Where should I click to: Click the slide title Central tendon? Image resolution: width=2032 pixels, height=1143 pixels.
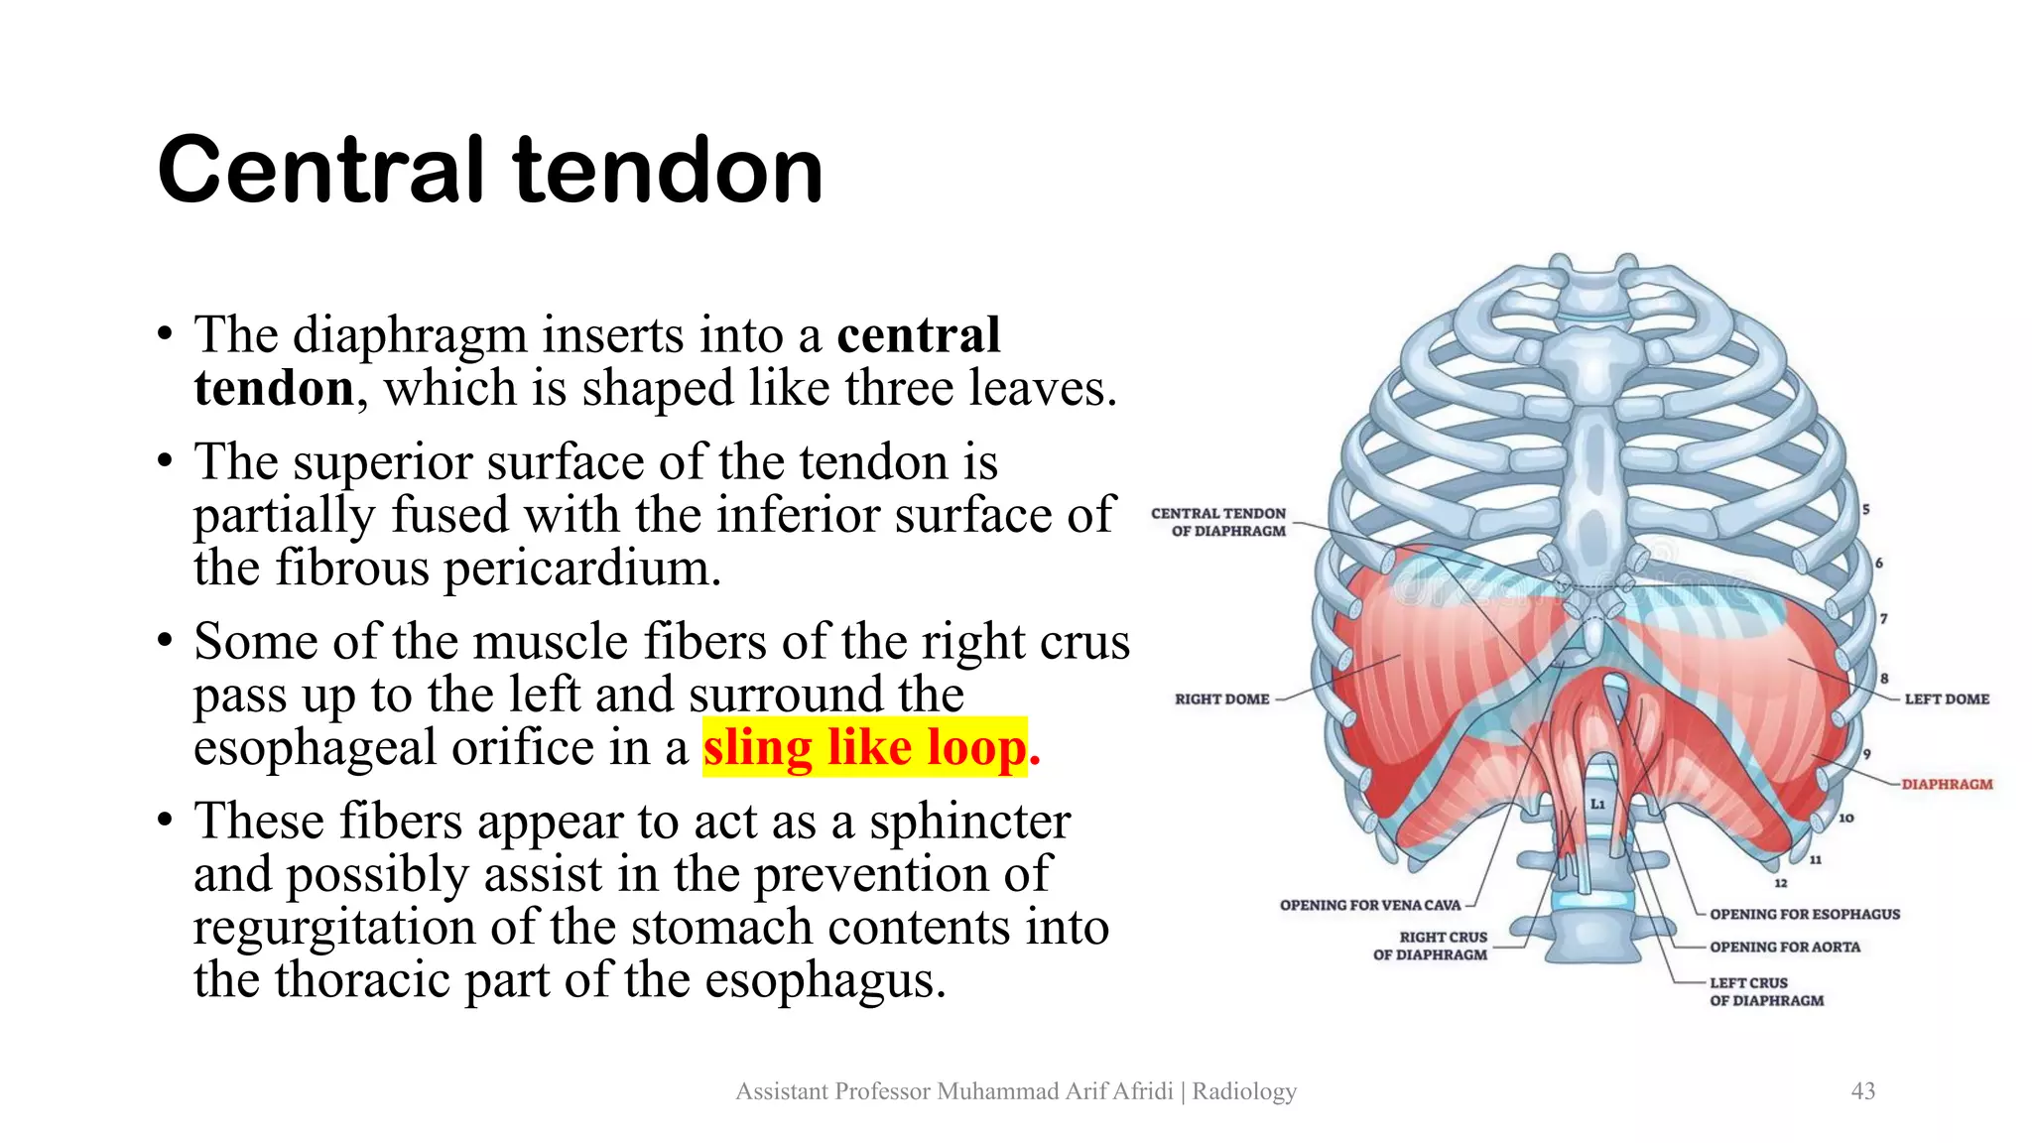(x=490, y=171)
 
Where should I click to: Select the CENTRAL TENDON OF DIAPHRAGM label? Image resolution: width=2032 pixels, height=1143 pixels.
(x=1219, y=522)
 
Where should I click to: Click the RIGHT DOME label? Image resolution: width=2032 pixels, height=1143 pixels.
(x=1221, y=699)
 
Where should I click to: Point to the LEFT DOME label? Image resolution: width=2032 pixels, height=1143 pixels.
(x=1947, y=699)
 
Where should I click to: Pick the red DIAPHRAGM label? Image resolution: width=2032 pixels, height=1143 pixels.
(x=1947, y=784)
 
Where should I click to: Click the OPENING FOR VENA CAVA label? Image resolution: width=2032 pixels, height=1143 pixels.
(x=1370, y=905)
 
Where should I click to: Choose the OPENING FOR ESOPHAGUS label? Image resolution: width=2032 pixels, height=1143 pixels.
(x=1805, y=914)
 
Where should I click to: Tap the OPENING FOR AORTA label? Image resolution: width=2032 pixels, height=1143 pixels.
(x=1784, y=948)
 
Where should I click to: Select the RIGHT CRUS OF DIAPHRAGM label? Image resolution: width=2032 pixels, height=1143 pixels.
(x=1432, y=946)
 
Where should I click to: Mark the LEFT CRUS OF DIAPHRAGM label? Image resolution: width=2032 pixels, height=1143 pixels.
(x=1766, y=991)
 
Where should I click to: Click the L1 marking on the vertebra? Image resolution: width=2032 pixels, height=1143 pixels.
(x=1597, y=804)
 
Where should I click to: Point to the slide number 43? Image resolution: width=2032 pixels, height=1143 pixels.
(x=1863, y=1091)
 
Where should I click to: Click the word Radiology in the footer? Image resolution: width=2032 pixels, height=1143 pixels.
(x=1244, y=1091)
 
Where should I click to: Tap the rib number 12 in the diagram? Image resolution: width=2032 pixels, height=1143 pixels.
(x=1781, y=883)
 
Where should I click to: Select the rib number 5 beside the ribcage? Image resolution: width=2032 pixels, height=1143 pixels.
(x=1865, y=510)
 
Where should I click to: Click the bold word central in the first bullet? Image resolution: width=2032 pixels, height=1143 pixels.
(x=918, y=334)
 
